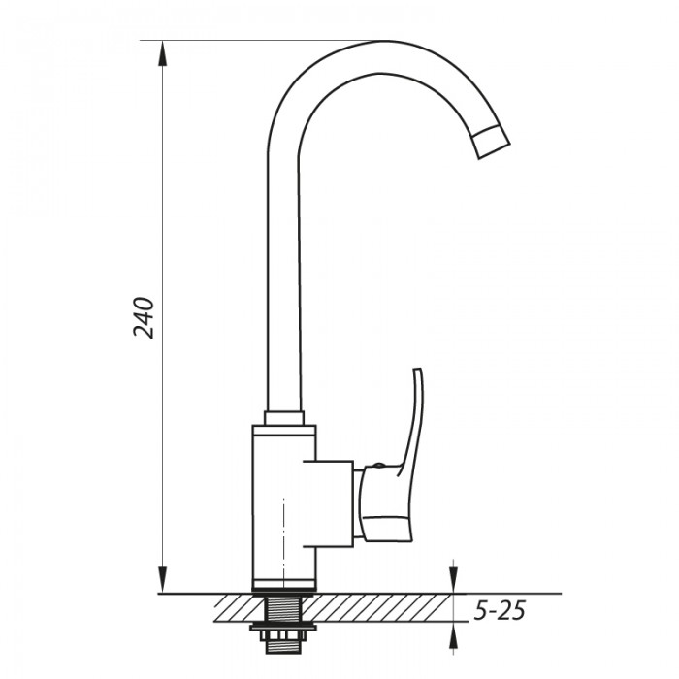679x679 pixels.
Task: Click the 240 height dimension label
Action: [x=144, y=317]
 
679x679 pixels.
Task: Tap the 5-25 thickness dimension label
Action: [x=500, y=611]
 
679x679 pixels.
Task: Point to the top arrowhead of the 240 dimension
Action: [x=163, y=53]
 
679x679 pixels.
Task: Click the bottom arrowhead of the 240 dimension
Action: [x=163, y=580]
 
